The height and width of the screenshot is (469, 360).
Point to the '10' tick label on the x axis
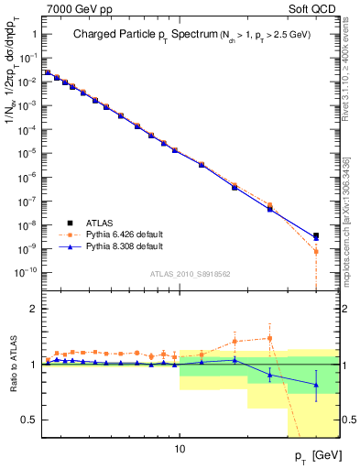pyautogui.click(x=180, y=450)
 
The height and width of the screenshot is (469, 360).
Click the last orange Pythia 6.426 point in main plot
pyautogui.click(x=316, y=251)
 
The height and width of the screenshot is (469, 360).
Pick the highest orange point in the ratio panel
pyautogui.click(x=269, y=338)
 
